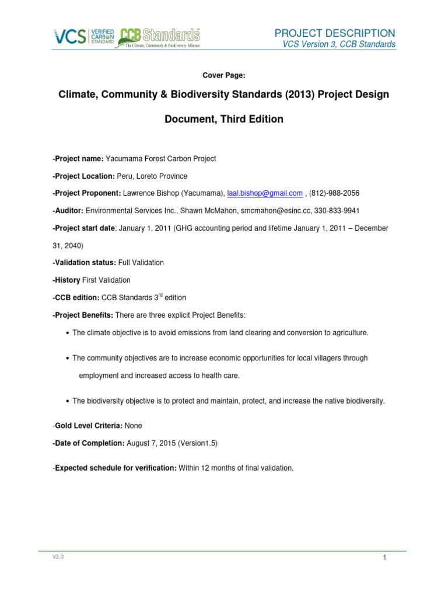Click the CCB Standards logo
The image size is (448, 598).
click(x=159, y=37)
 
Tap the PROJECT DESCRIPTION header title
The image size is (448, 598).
click(x=335, y=33)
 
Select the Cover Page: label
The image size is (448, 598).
click(x=223, y=76)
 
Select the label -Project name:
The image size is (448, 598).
click(x=78, y=159)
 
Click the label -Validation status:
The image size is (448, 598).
click(x=83, y=263)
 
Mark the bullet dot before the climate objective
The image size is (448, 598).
click(x=68, y=333)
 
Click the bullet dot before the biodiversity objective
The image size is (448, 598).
click(x=68, y=401)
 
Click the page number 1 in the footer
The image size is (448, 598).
click(x=385, y=559)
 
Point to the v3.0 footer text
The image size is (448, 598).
click(x=57, y=557)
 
